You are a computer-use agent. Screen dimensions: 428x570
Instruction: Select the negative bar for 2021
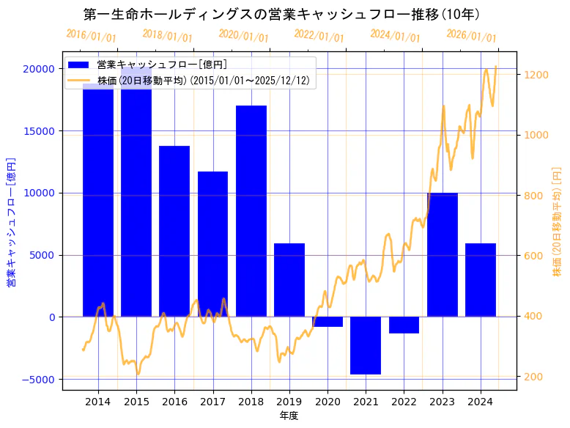366,345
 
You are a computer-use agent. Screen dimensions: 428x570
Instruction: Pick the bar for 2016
174,231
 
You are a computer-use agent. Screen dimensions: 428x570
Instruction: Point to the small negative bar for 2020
327,322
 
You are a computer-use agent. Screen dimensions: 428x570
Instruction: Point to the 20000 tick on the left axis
39,69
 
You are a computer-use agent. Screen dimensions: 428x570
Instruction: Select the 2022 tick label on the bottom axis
404,402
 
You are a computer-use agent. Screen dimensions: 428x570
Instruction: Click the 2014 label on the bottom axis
97,402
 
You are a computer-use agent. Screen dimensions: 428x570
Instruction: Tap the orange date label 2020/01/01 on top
243,36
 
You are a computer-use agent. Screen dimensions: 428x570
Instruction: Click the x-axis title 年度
289,416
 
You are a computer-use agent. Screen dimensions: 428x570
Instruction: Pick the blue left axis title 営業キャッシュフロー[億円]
12,222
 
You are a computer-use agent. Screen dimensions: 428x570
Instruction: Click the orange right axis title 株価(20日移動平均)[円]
557,222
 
